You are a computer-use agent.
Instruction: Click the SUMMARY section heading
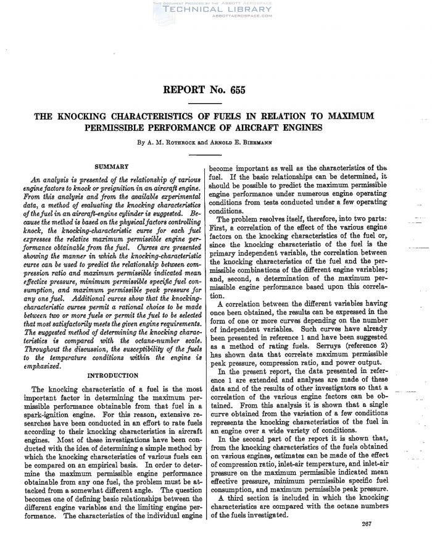point(111,166)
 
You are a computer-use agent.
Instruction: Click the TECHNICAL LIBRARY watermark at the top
point(216,9)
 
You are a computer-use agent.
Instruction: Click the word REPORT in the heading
point(183,90)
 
